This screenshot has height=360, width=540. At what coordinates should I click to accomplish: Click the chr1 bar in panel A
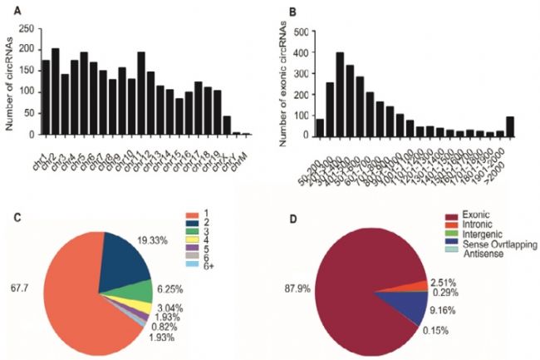(46, 97)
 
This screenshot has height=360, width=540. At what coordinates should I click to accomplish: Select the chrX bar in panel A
(203, 126)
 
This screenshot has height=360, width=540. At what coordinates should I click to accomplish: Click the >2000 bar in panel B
(508, 125)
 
